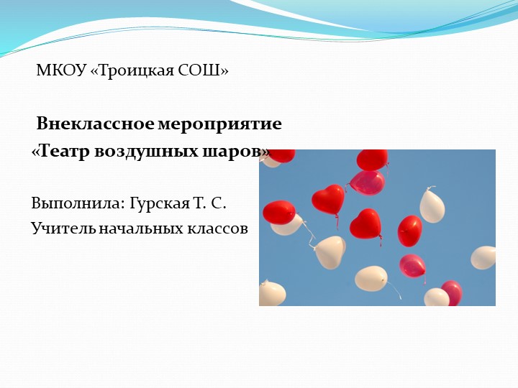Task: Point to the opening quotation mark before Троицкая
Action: coord(95,71)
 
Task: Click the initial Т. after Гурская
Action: coord(200,203)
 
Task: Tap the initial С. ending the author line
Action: coord(220,203)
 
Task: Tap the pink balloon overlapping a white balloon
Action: coord(453,291)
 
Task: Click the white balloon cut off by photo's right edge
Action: coord(484,257)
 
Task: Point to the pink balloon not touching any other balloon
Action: coord(412,266)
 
